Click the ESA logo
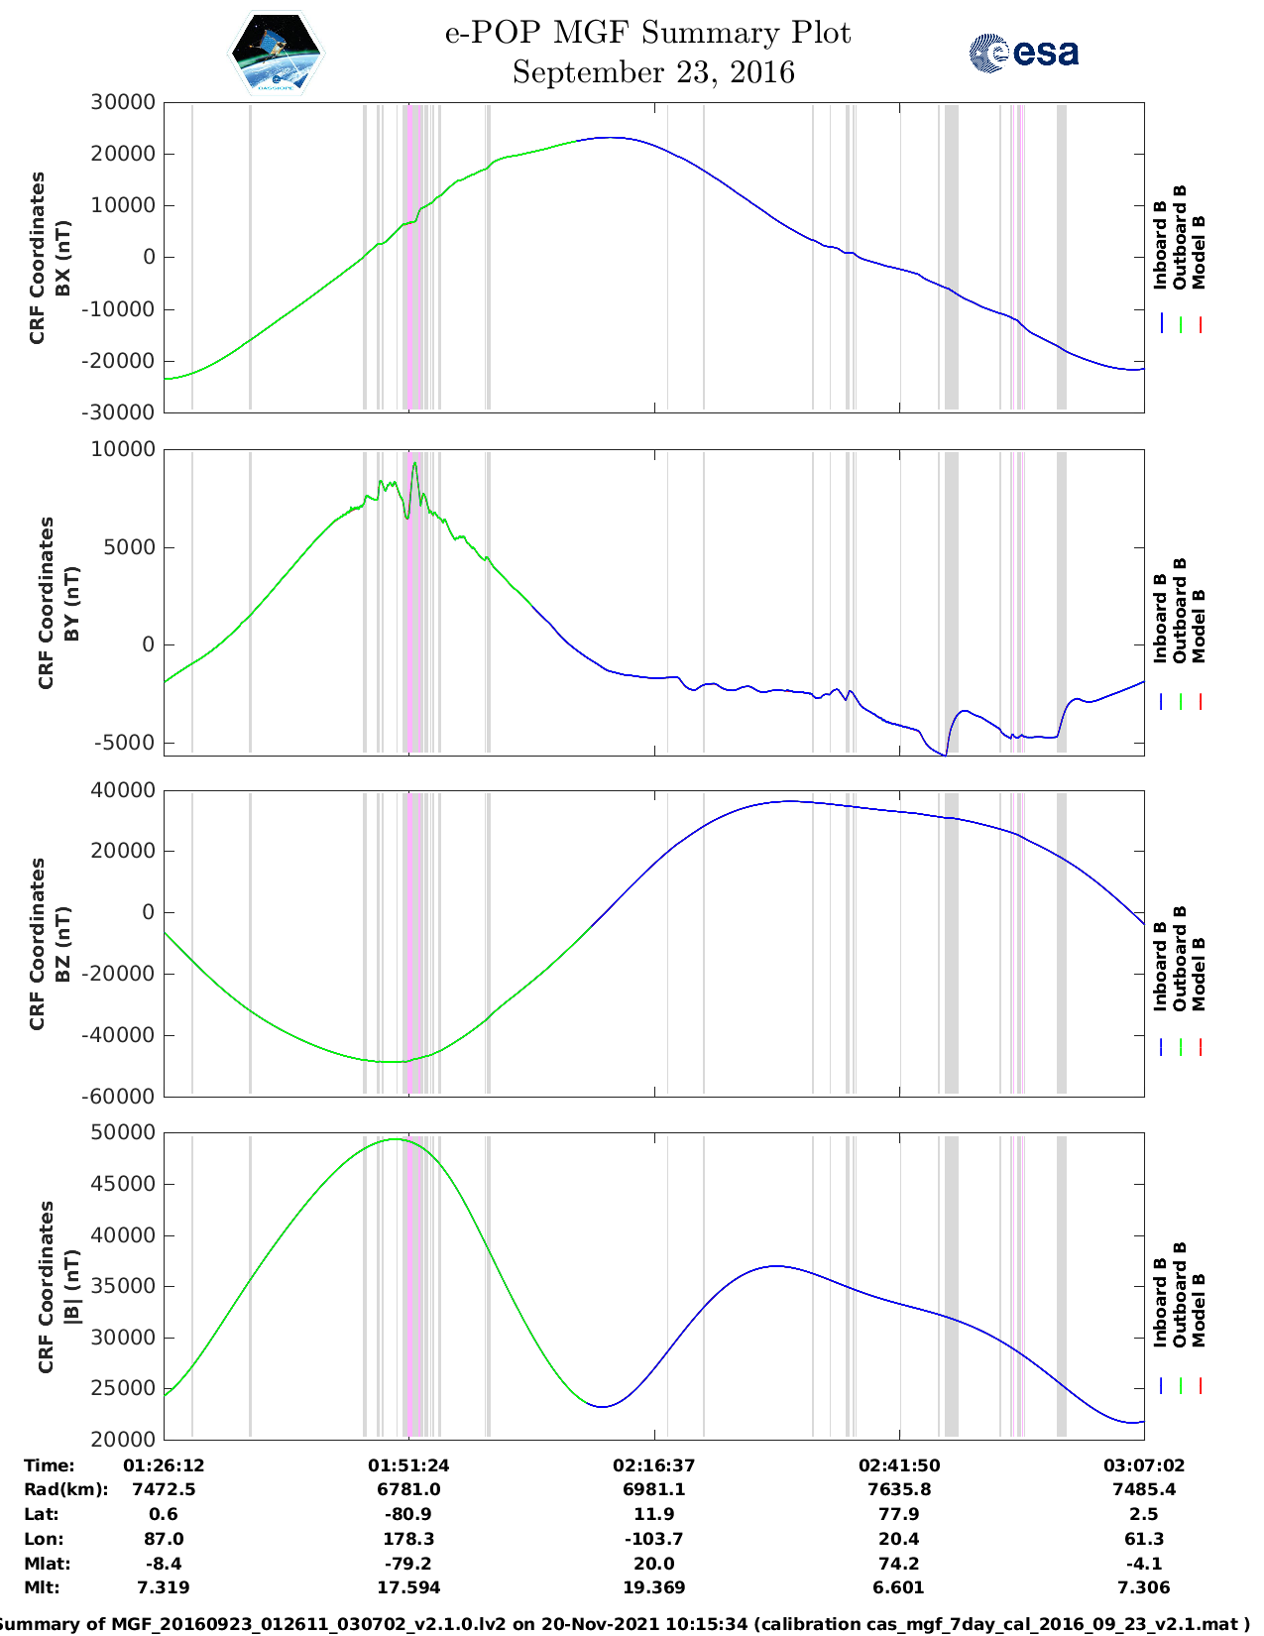click(x=1023, y=53)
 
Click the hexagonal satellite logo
click(x=276, y=53)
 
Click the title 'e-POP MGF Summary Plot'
click(x=647, y=34)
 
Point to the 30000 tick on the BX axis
click(x=123, y=102)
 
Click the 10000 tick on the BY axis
click(x=123, y=449)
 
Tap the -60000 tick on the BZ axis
click(x=119, y=1097)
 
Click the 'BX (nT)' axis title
click(x=62, y=258)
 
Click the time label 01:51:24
click(x=408, y=1465)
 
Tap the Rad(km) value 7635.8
click(x=899, y=1489)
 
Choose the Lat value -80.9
click(x=408, y=1514)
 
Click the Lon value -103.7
click(x=653, y=1539)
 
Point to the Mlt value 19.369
click(x=653, y=1587)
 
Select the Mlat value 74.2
click(x=899, y=1564)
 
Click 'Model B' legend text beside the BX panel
click(x=1199, y=252)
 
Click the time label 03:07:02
click(x=1144, y=1465)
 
